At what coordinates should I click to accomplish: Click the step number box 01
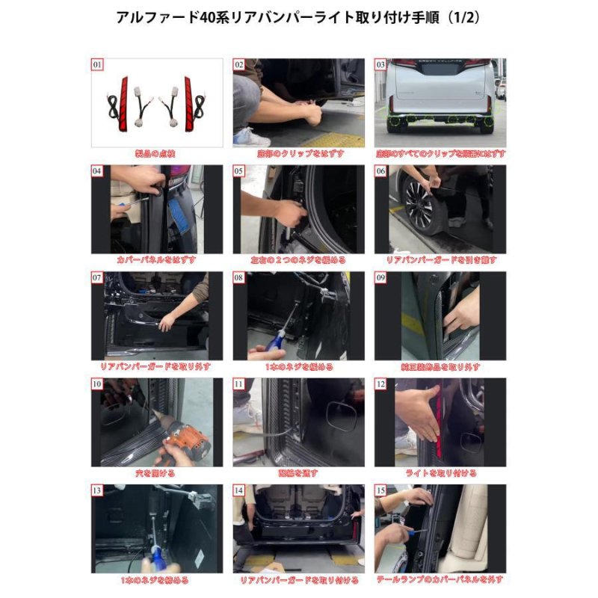coord(97,65)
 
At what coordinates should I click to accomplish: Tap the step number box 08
coord(239,277)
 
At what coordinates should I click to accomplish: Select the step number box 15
coord(380,491)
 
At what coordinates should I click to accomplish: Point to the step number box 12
coord(380,384)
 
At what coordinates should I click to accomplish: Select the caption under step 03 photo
coord(440,153)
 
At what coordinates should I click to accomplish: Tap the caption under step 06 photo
coord(440,260)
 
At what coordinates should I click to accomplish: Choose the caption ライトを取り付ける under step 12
coord(440,473)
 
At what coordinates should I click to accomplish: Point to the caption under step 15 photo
coord(440,579)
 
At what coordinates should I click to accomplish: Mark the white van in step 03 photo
coord(440,93)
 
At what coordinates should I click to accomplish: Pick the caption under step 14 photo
coord(298,579)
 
